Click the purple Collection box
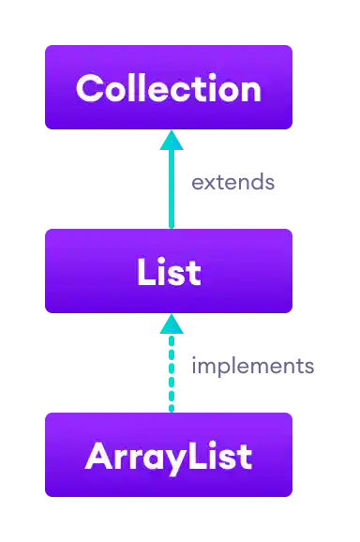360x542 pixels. (169, 87)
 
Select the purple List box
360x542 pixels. (169, 271)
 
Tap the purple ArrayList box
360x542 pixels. (169, 456)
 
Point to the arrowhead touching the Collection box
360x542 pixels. (171, 140)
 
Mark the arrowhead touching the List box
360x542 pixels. (171, 324)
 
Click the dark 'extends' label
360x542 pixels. (232, 183)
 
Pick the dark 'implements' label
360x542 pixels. (250, 366)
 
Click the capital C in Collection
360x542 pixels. (89, 88)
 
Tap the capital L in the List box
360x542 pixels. (144, 272)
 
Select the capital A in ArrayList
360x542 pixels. (97, 457)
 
